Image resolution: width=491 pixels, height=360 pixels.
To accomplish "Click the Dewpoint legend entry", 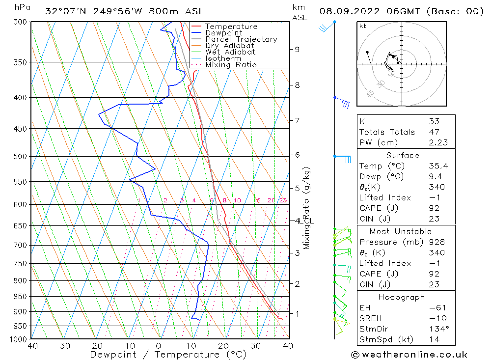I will pos(223,33).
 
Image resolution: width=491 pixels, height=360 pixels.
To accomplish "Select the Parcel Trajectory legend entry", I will pos(241,39).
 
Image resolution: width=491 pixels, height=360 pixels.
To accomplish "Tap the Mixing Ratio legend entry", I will pos(231,64).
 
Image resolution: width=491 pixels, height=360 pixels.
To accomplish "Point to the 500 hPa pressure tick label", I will pos(21,156).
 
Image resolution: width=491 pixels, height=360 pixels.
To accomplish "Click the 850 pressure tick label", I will pos(21,297).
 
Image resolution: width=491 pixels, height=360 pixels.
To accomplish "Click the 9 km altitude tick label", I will pos(297,49).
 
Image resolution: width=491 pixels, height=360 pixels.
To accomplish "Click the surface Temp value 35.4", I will pos(436,166).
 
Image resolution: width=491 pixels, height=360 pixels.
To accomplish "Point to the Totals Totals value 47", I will pos(434,132).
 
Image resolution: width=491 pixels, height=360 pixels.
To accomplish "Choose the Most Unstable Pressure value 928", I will pos(436,242).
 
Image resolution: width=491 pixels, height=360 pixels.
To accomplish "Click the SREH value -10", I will pos(435,318).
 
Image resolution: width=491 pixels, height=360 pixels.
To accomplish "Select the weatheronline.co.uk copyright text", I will pos(409,355).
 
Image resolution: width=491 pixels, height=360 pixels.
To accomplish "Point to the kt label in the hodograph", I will pos(362,26).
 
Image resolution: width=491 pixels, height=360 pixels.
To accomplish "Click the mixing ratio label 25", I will pos(283,200).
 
